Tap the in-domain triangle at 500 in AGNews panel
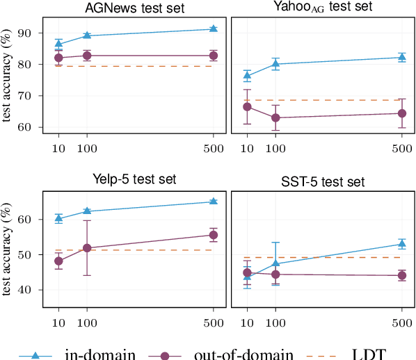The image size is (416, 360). pos(213,28)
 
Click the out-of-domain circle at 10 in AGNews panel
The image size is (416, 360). pos(58,58)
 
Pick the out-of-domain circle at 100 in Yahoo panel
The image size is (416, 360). pos(275,118)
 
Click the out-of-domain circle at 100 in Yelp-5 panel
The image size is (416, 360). pos(87,248)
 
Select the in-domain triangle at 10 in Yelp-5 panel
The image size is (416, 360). pos(58,218)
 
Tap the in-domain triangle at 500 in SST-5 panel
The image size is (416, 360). pos(401,244)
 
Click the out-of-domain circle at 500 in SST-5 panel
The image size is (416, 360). pos(401,275)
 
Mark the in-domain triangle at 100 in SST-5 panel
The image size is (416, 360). pos(275,263)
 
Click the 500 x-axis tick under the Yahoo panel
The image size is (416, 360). pos(401,149)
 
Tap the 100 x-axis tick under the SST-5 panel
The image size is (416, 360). pos(275,322)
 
